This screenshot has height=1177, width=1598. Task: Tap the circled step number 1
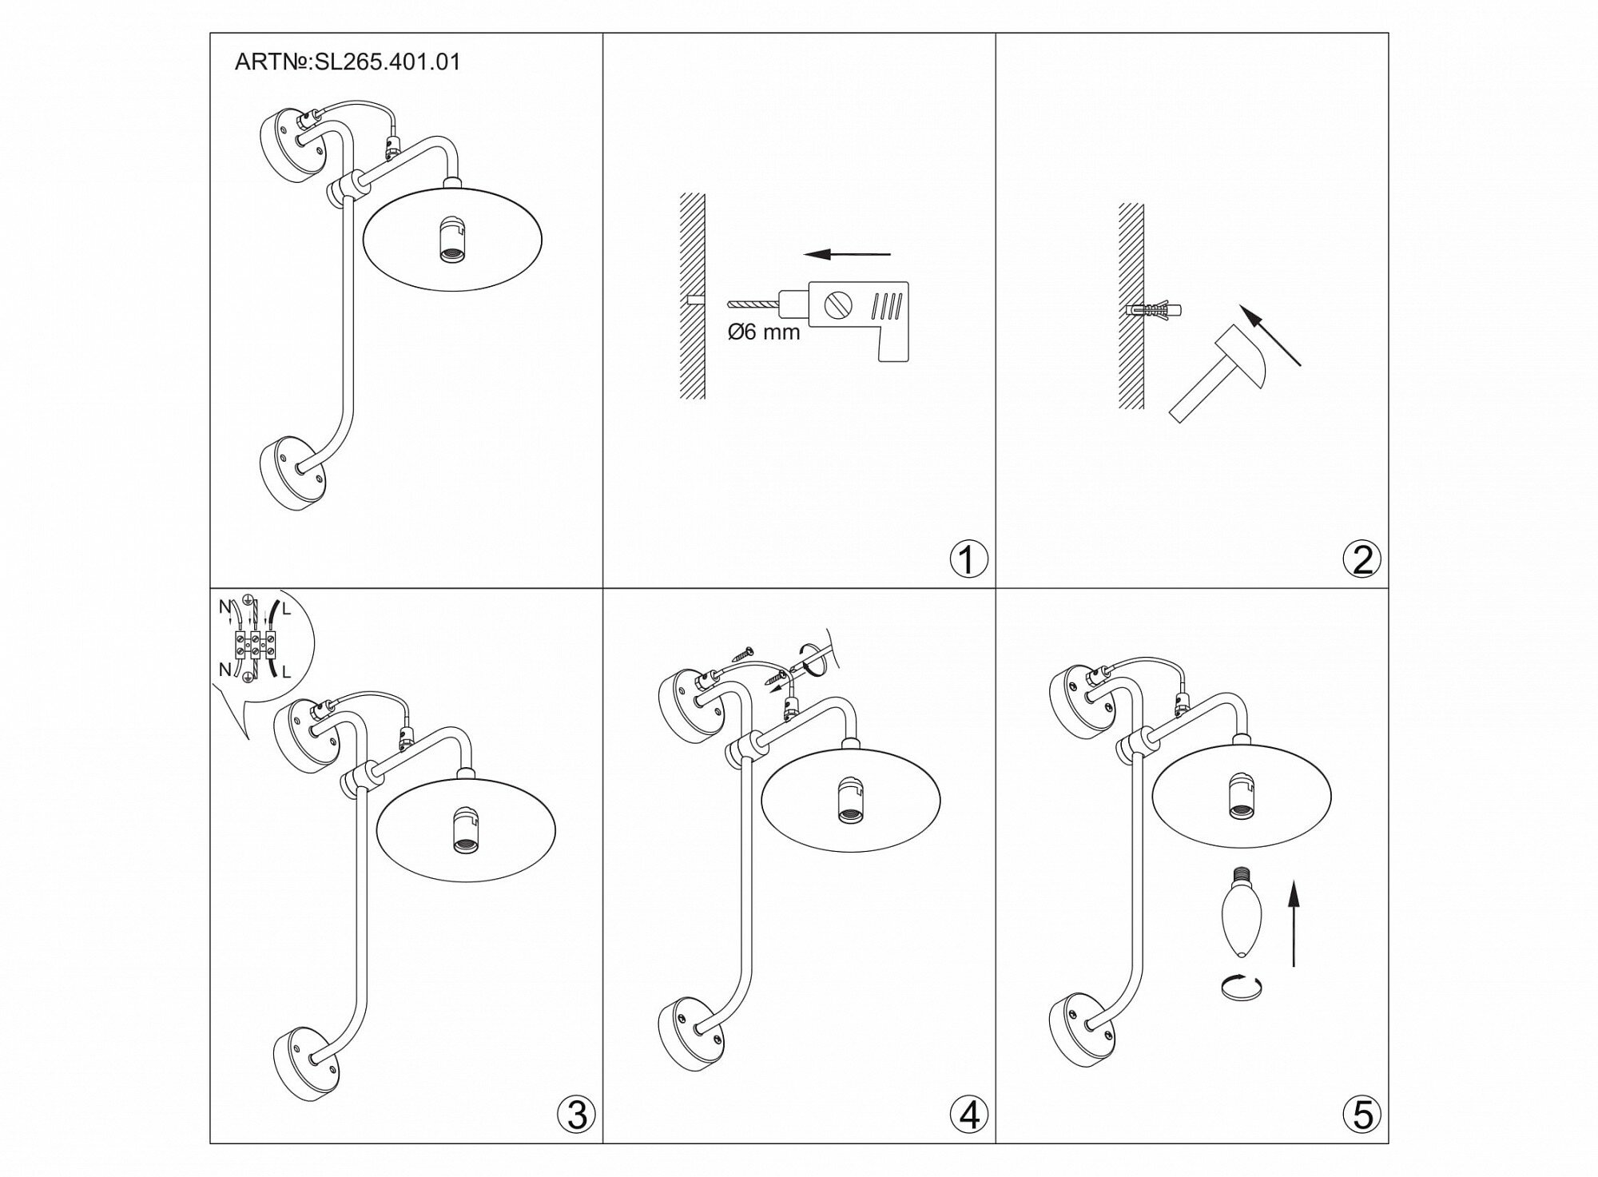(x=968, y=559)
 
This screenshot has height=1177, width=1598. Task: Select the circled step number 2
(x=1362, y=559)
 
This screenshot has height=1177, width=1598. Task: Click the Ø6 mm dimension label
(x=763, y=332)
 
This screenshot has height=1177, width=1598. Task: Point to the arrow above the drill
(x=846, y=255)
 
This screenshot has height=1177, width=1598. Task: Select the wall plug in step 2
(x=1153, y=311)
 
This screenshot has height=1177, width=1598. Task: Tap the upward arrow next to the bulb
(x=1294, y=923)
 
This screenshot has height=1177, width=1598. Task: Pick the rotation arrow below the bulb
(x=1240, y=988)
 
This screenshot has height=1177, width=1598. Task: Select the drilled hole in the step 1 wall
(x=694, y=301)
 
